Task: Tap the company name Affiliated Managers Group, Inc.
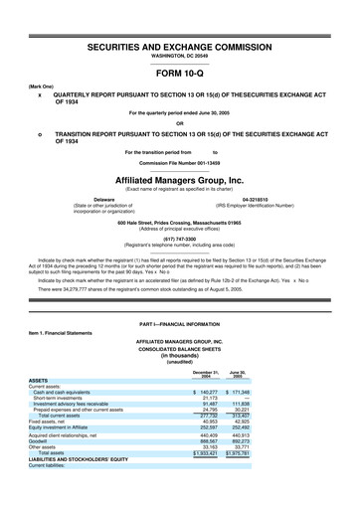click(179, 181)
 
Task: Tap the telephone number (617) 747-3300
click(179, 238)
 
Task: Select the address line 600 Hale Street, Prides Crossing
click(179, 222)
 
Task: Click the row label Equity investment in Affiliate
click(64, 459)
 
